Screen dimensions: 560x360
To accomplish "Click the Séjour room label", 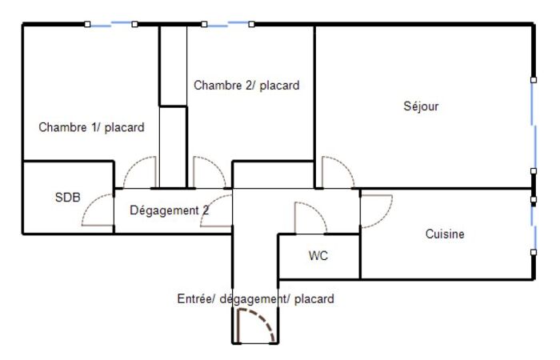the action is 421,106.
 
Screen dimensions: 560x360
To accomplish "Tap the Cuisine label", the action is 445,234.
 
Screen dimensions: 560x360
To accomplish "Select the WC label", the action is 318,255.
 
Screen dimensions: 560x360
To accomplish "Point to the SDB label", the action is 67,197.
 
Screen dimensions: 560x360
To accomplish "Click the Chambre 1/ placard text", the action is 91,127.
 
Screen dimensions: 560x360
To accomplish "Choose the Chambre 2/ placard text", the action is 246,86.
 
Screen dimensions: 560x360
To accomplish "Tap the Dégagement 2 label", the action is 170,210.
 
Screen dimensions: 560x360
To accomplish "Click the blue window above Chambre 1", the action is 110,24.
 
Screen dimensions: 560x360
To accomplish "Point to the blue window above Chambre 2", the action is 228,24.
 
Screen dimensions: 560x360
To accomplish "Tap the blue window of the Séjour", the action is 534,126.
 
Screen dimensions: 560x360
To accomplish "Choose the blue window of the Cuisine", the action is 534,226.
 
